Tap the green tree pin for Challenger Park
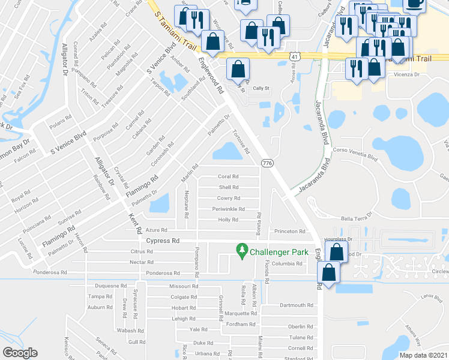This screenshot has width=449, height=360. (x=242, y=250)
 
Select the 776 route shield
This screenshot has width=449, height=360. (x=268, y=163)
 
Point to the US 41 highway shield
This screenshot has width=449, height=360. (x=294, y=55)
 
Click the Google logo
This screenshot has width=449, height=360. (x=20, y=353)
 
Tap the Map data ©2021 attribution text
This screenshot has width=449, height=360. (x=423, y=355)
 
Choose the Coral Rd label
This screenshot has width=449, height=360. (x=228, y=176)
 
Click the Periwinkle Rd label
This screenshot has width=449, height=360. (x=228, y=209)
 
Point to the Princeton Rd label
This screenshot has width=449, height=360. (x=290, y=231)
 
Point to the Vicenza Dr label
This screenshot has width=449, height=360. (x=406, y=75)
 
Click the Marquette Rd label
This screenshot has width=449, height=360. (x=241, y=313)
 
